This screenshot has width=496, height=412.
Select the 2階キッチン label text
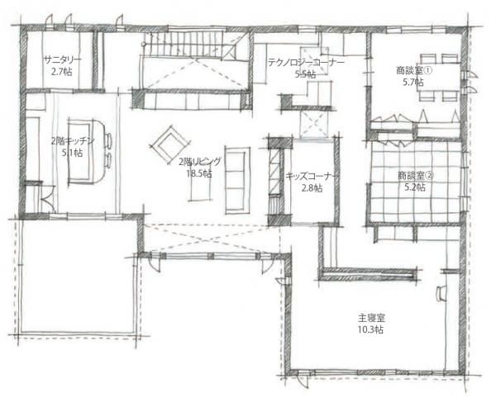tap(73, 140)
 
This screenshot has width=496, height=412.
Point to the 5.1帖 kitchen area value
tap(73, 153)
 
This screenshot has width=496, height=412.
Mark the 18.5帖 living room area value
tap(199, 174)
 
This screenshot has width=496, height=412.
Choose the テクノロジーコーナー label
tap(305, 62)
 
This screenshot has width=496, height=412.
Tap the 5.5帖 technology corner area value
tap(305, 74)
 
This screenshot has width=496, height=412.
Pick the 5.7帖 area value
tap(413, 83)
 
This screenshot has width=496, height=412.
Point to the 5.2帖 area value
tap(413, 187)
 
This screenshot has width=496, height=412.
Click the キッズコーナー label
tap(311, 176)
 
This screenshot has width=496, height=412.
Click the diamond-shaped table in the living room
tap(169, 144)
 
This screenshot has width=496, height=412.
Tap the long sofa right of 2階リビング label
tap(237, 179)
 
